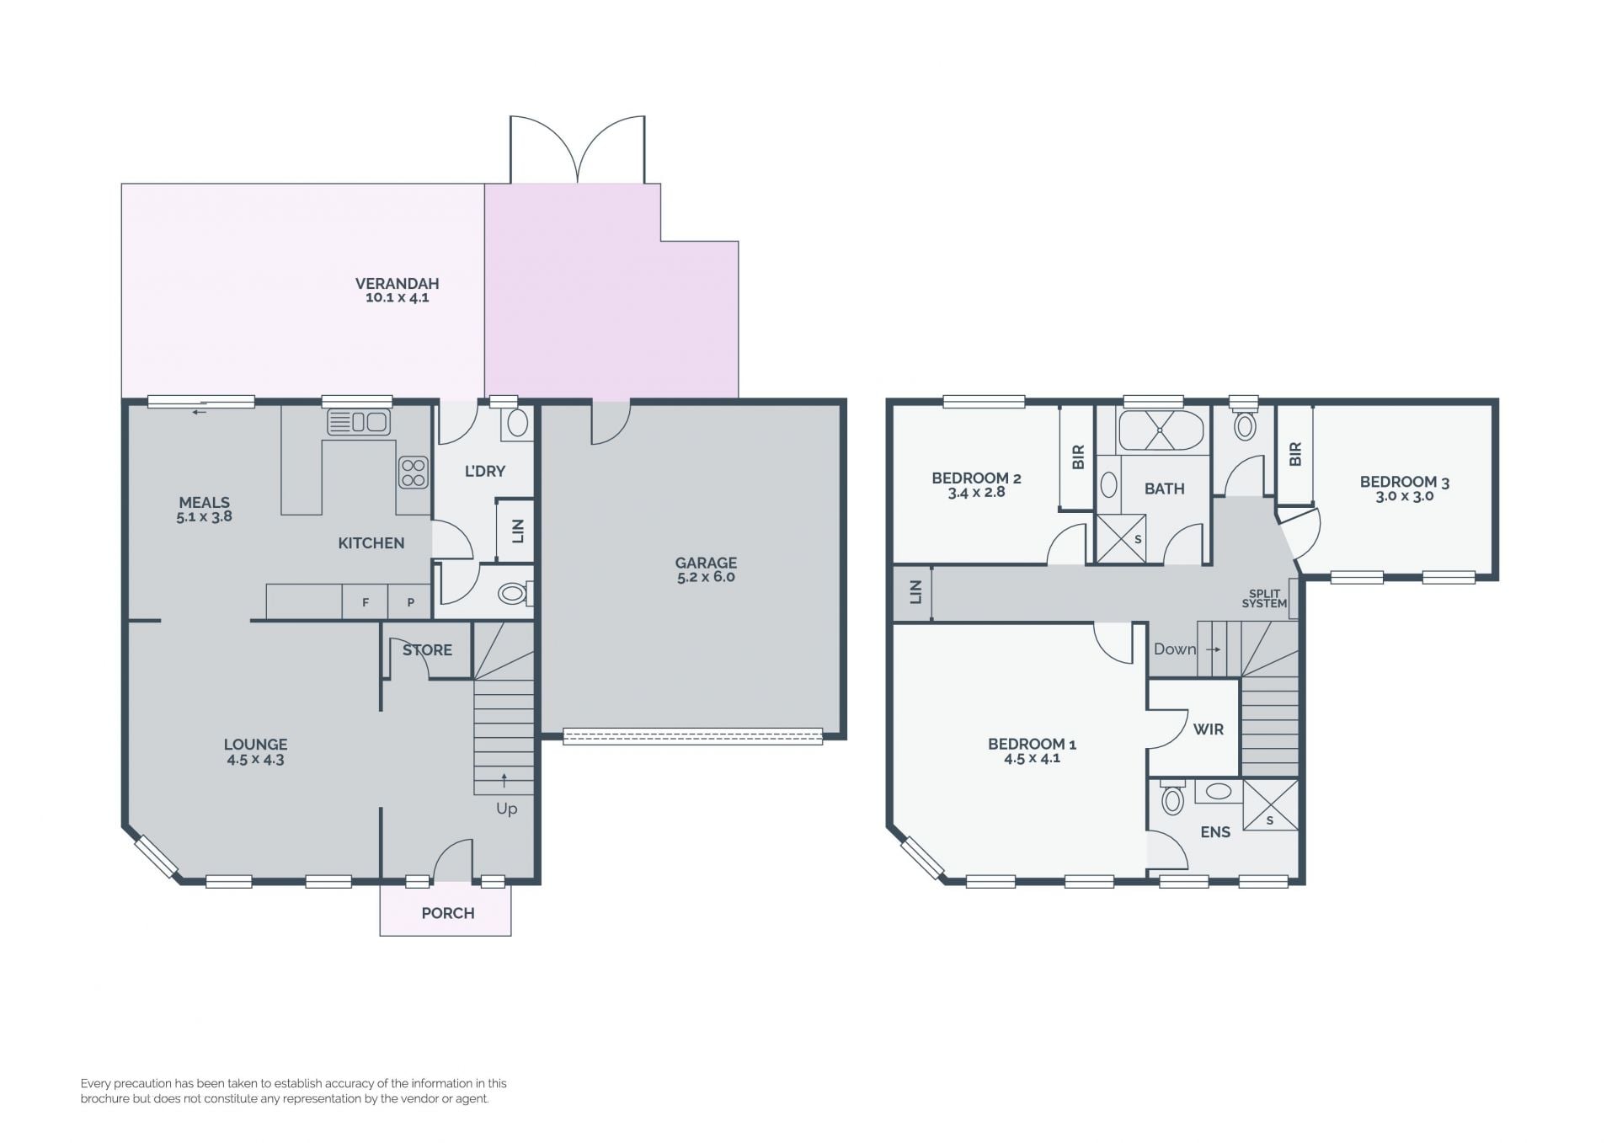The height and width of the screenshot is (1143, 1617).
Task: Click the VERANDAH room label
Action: pos(397,284)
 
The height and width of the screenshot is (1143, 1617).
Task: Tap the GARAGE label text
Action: pos(706,563)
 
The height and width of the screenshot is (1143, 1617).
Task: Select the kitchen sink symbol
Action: pos(358,421)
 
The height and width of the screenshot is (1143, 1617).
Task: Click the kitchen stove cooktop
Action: pos(413,473)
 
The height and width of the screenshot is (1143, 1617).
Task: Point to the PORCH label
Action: pos(448,913)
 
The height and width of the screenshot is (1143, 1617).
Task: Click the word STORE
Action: pos(427,650)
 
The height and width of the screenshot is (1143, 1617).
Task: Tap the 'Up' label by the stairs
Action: pos(506,809)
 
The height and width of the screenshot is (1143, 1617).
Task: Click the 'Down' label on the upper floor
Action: pos(1175,649)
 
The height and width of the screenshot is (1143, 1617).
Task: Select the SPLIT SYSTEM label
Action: pos(1264,598)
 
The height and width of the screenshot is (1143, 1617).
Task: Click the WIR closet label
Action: pos(1209,729)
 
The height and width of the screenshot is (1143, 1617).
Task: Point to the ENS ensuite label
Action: pos(1215,832)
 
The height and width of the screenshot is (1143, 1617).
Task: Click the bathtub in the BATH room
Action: pos(1161,430)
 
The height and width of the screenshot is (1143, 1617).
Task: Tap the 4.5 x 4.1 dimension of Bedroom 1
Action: pos(1032,758)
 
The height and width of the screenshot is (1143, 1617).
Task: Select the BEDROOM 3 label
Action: pos(1405,483)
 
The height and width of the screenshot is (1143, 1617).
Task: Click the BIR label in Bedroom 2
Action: pos(1078,457)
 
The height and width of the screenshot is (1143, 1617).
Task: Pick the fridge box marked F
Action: pos(366,602)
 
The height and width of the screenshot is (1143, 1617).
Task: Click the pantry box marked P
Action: pos(410,602)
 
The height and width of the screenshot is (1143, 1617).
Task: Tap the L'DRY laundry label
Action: pos(485,471)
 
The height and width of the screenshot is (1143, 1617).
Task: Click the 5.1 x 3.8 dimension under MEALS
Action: pos(204,517)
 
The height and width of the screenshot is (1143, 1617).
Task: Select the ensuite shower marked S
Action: pos(1270,805)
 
